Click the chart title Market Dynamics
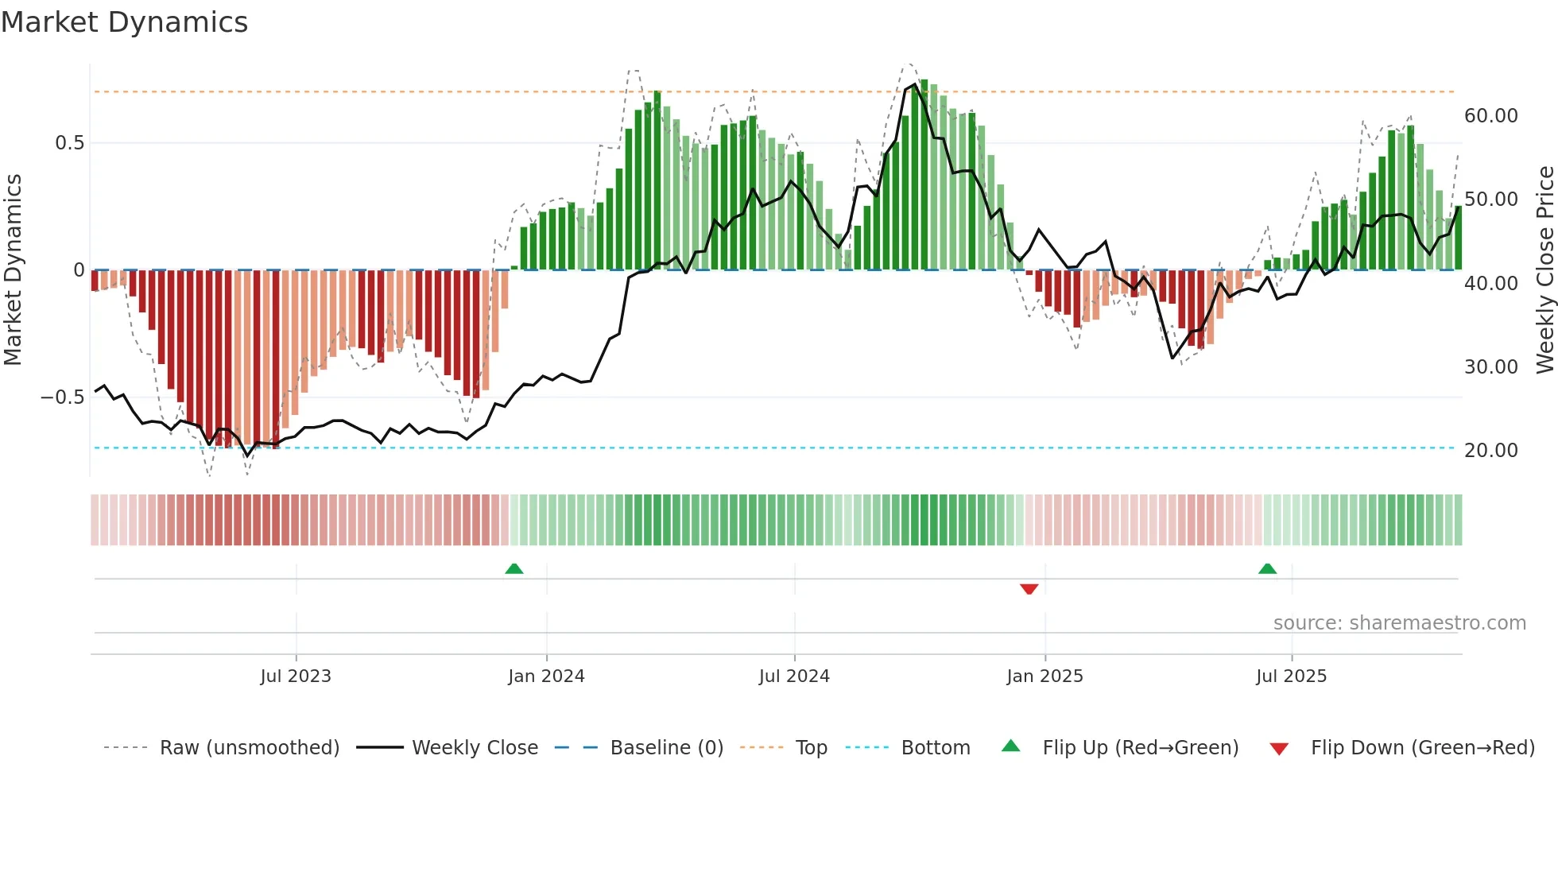124,22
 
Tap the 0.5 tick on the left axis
69,143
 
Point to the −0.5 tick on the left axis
63,397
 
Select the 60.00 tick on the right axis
1491,116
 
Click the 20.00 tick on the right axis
1491,451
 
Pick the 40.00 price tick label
1491,284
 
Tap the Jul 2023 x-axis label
296,676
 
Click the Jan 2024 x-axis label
546,676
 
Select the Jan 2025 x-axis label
1044,676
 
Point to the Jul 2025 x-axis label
1291,676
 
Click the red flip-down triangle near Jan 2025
1029,589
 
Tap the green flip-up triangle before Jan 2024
514,568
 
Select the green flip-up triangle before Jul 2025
1267,568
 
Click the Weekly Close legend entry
475,748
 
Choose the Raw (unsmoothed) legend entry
249,748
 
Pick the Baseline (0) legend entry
666,748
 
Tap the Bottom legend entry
935,748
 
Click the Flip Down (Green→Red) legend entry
1422,748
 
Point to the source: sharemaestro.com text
1399,623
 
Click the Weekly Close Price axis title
1544,270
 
